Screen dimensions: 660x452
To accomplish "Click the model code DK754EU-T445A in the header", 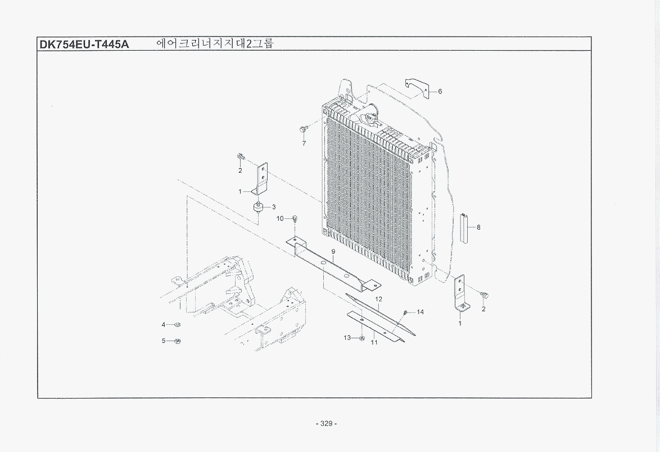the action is point(84,44).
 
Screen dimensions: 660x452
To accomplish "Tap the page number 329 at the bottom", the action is point(326,423).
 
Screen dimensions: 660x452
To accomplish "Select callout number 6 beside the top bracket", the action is point(440,92).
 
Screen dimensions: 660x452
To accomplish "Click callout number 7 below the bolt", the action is point(304,144).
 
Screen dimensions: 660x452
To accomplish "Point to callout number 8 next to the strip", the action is point(478,227).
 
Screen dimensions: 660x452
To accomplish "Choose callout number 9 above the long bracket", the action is point(333,252).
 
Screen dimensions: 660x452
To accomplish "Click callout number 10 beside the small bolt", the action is point(281,218).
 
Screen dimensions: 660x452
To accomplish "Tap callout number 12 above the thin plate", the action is point(378,299).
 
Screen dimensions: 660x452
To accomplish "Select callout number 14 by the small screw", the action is point(420,312).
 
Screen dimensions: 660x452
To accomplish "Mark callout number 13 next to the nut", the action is point(347,338).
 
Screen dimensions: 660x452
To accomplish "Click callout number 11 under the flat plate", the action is point(374,342).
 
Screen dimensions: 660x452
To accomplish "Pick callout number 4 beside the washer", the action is point(164,325).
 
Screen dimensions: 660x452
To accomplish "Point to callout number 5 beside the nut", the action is point(164,341).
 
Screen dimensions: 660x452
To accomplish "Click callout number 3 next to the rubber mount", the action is point(274,207).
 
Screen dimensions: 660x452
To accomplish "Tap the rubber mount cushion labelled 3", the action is point(257,208).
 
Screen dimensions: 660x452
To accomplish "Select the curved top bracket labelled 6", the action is point(417,88).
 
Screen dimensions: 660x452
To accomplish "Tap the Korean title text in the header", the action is point(215,43).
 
